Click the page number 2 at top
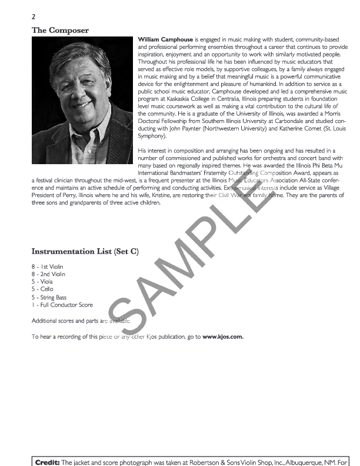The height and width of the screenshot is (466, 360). click(34, 17)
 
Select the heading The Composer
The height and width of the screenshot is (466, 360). click(60, 30)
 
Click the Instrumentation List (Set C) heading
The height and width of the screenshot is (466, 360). click(85, 251)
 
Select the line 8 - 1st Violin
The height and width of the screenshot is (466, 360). click(48, 267)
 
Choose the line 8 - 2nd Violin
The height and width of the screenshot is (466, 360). click(48, 274)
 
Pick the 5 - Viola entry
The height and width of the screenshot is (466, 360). click(42, 282)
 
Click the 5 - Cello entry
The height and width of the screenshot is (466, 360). click(42, 289)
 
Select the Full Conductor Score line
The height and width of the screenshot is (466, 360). click(62, 305)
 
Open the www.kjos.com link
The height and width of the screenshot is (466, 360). click(223, 337)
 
